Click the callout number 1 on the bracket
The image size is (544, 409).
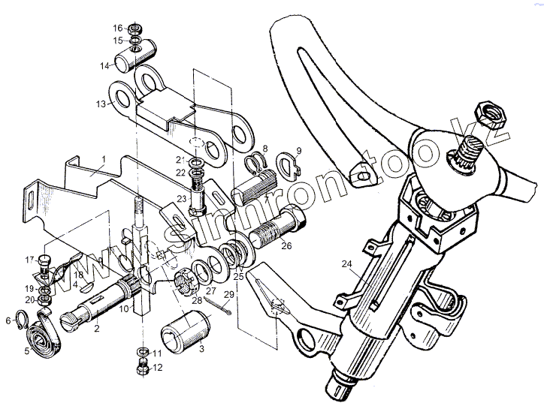point(105,160)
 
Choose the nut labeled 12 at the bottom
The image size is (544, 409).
point(141,368)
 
